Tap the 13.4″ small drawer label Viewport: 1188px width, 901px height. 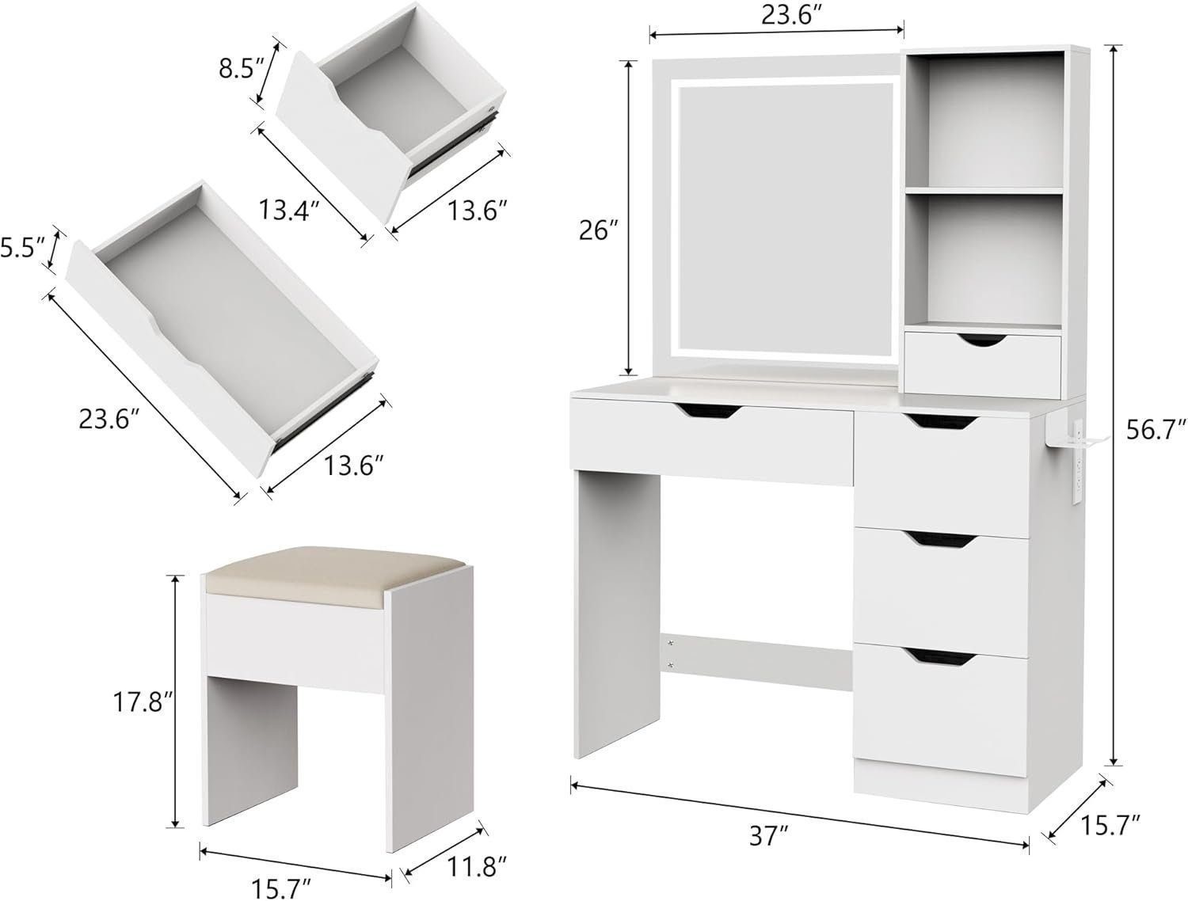click(288, 209)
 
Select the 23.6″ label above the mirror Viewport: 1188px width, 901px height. click(775, 15)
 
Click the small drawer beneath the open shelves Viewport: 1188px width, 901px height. click(982, 362)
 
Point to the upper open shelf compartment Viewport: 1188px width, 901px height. click(983, 119)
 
